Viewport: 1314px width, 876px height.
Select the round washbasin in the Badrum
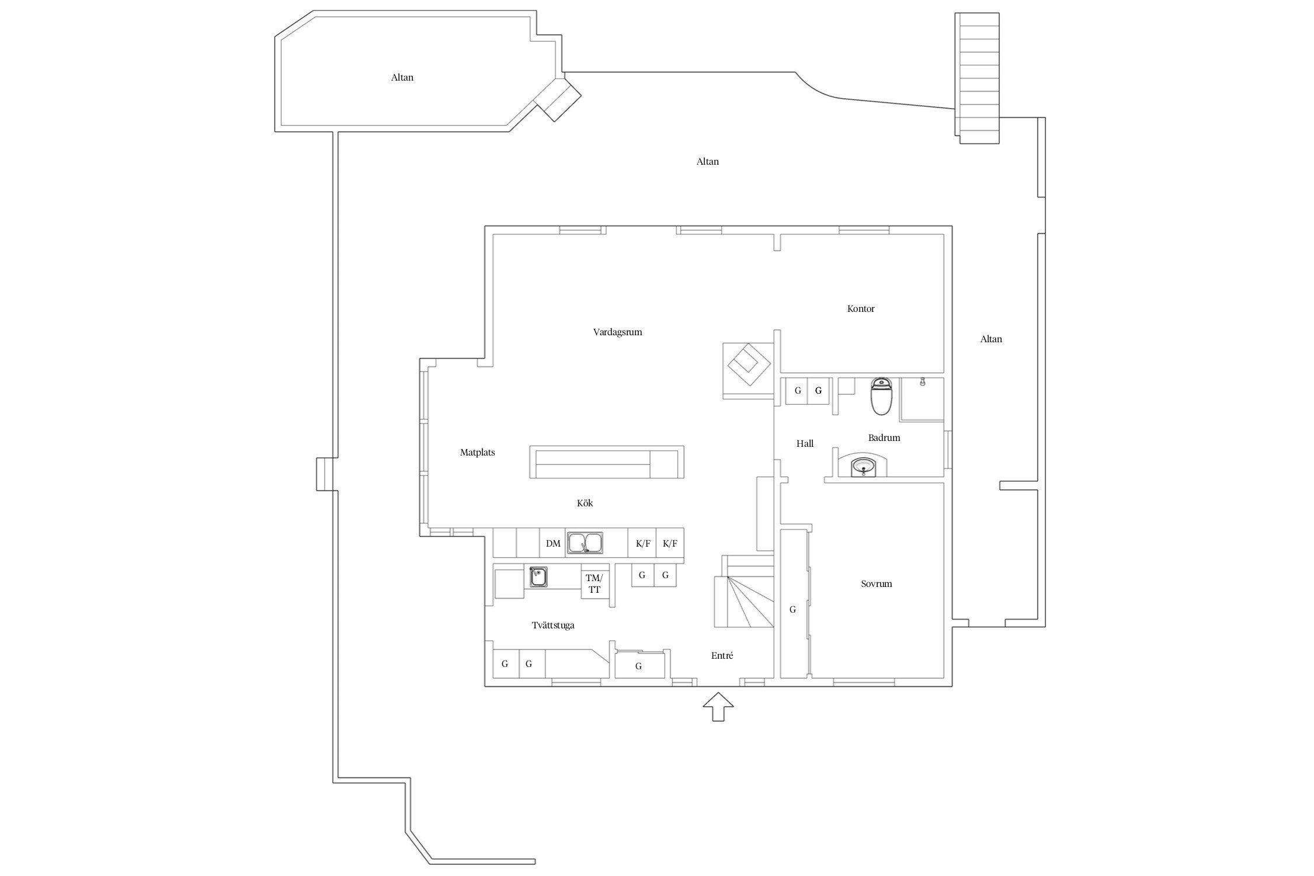click(x=863, y=467)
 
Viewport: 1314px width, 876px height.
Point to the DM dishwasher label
click(x=553, y=544)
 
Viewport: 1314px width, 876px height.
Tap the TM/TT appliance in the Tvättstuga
click(x=595, y=583)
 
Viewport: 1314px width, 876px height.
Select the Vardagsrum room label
click(x=617, y=332)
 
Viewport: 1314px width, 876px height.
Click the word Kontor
click(x=861, y=309)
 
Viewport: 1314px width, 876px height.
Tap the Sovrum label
click(x=876, y=584)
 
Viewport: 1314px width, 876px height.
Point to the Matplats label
click(x=477, y=453)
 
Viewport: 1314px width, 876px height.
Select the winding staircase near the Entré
click(x=744, y=607)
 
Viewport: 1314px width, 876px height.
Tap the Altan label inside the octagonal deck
click(x=402, y=78)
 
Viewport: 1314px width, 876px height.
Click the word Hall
click(x=805, y=444)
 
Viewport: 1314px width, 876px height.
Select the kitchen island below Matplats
click(x=606, y=462)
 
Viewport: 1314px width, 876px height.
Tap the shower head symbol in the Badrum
click(x=922, y=382)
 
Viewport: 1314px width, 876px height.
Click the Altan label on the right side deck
click(x=991, y=339)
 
